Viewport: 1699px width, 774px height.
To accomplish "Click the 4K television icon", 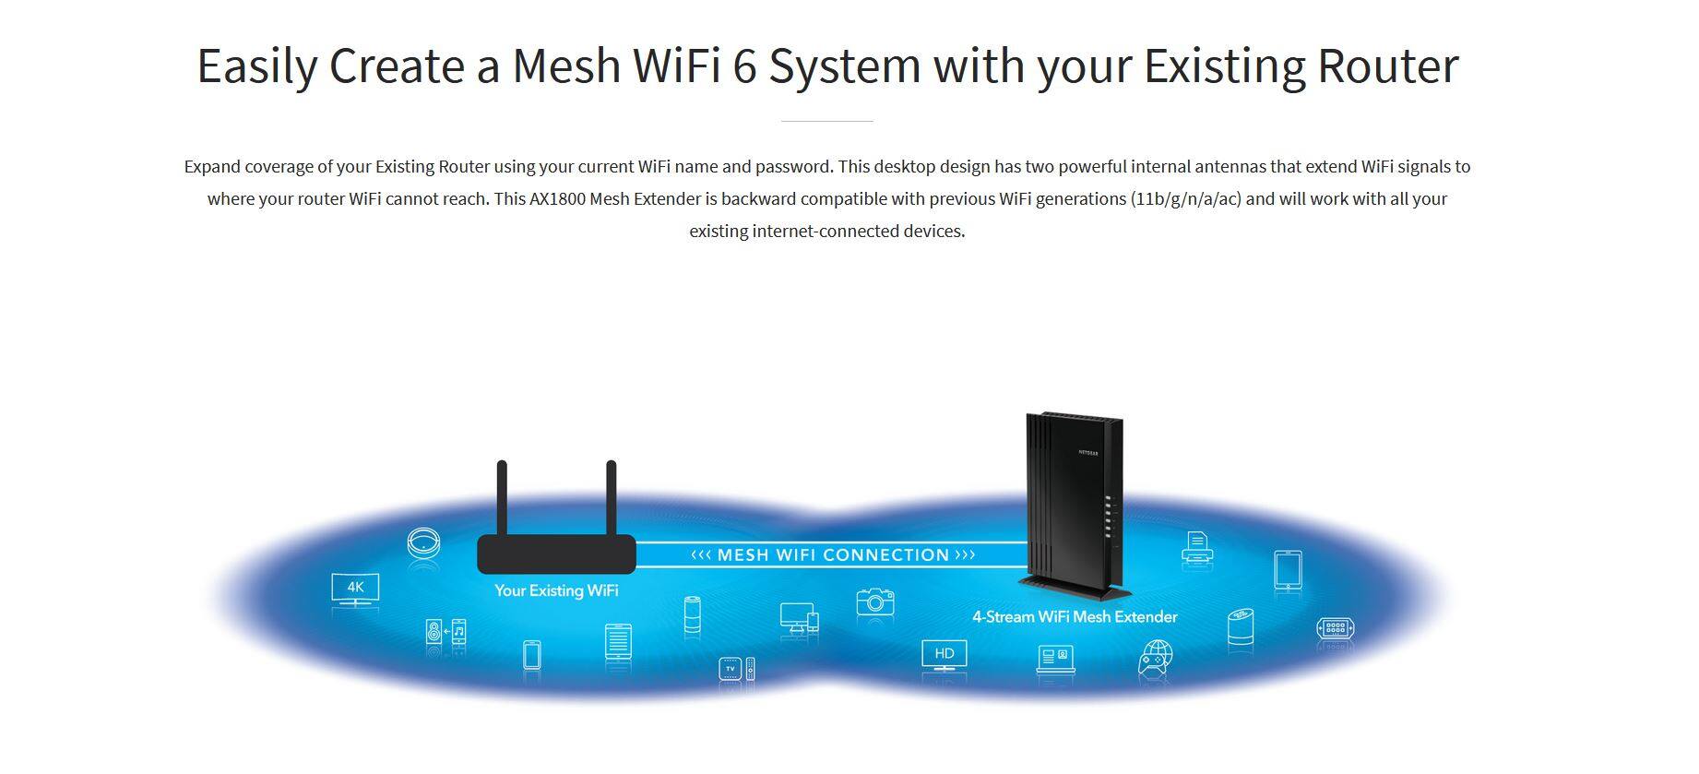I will click(355, 589).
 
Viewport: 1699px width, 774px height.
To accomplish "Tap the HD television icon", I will click(945, 655).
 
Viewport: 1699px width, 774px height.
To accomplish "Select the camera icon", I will click(874, 601).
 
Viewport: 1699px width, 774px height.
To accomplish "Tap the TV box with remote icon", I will click(736, 669).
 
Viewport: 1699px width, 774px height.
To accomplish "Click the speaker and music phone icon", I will click(446, 633).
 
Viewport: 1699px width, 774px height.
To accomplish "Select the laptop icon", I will click(1055, 659).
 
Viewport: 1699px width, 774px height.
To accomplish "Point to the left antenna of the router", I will click(502, 498).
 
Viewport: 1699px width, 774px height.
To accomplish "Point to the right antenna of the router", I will click(611, 498).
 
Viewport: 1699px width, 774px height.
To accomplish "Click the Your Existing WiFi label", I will click(556, 590).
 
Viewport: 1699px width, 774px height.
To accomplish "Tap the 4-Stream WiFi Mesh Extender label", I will click(1075, 616).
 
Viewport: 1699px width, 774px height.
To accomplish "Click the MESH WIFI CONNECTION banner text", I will click(833, 554).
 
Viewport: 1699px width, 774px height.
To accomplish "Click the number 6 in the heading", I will click(744, 65).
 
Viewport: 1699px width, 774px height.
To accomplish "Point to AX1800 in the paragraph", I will click(557, 198).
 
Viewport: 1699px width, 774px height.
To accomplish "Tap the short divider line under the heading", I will click(826, 121).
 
